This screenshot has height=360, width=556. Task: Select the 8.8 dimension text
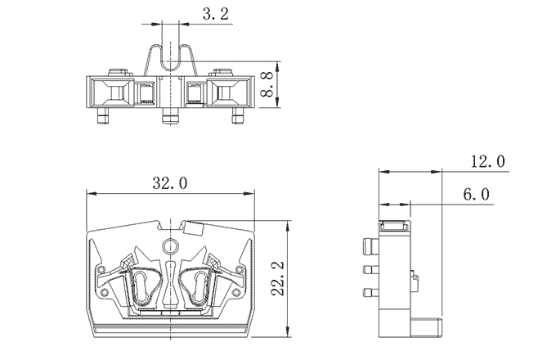click(267, 84)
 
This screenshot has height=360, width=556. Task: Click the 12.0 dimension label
click(488, 161)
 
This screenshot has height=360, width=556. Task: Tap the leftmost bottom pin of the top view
click(102, 118)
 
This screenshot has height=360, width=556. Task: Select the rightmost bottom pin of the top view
click(237, 118)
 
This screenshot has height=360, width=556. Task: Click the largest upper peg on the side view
click(370, 245)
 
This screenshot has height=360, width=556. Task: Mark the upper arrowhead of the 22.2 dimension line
click(286, 226)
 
